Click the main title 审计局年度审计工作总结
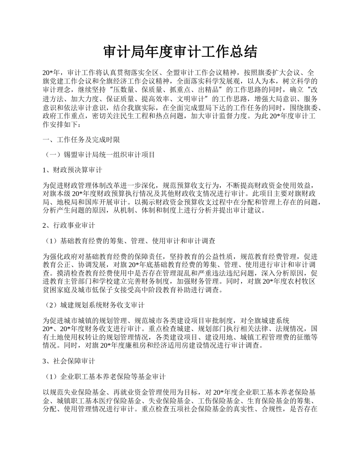[x=180, y=52]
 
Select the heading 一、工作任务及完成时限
[x=81, y=140]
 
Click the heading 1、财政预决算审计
[x=72, y=170]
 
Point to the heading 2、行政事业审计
[x=69, y=225]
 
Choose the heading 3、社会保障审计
[x=69, y=361]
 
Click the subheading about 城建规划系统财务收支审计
[x=95, y=305]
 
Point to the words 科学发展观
[x=226, y=81]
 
